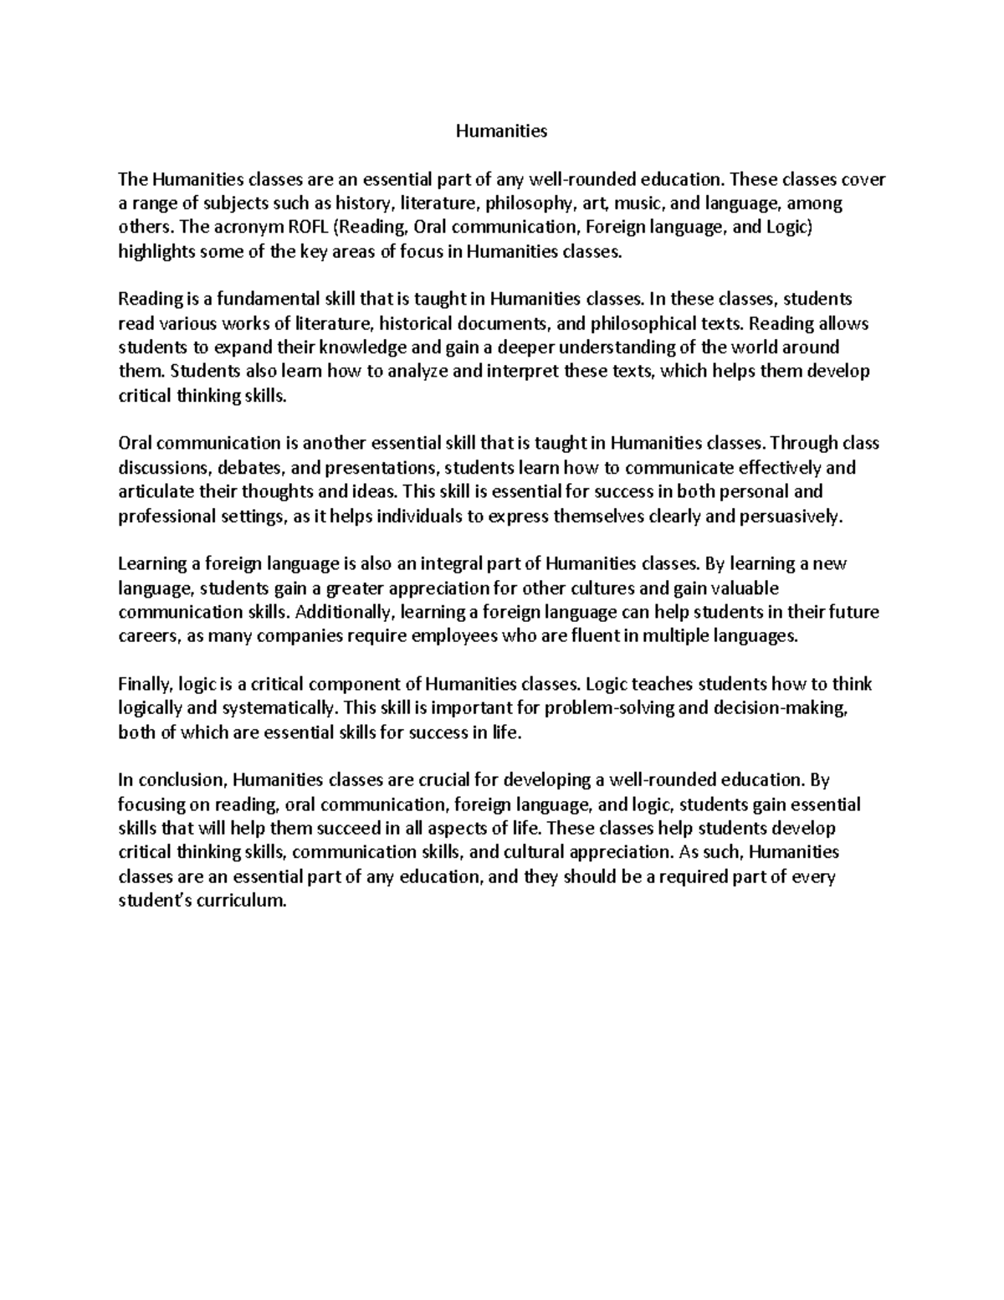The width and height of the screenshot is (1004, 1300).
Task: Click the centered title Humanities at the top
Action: click(x=500, y=131)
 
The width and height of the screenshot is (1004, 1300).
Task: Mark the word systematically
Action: click(x=279, y=708)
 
